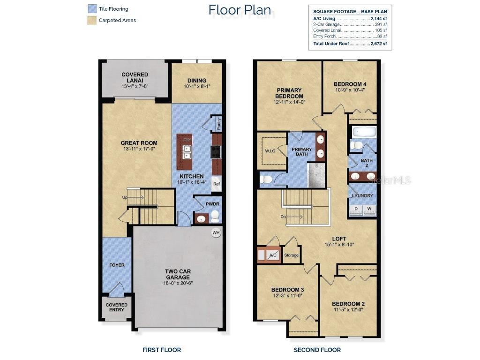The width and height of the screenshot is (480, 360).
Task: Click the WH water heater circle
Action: [216, 232]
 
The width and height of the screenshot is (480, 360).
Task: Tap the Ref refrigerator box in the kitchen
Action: [217, 184]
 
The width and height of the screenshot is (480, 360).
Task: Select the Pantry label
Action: [218, 125]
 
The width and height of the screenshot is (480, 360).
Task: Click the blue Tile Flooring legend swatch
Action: [92, 8]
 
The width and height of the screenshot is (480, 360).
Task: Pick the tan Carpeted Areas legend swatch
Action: [92, 20]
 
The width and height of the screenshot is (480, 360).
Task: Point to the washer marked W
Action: [369, 209]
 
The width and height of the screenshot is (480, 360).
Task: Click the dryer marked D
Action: [356, 209]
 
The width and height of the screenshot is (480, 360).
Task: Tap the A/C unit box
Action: [273, 255]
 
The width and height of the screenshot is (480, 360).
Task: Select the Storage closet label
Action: [291, 255]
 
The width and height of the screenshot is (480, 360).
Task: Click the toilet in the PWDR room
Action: [215, 216]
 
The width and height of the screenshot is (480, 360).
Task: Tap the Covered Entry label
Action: [116, 307]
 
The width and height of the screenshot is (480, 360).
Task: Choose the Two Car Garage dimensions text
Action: [178, 283]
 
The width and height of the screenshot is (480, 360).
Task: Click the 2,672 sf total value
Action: [378, 44]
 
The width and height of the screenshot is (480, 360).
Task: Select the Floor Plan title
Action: [239, 9]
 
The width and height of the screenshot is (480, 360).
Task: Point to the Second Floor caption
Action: [317, 350]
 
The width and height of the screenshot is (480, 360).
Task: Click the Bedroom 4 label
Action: [350, 84]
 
